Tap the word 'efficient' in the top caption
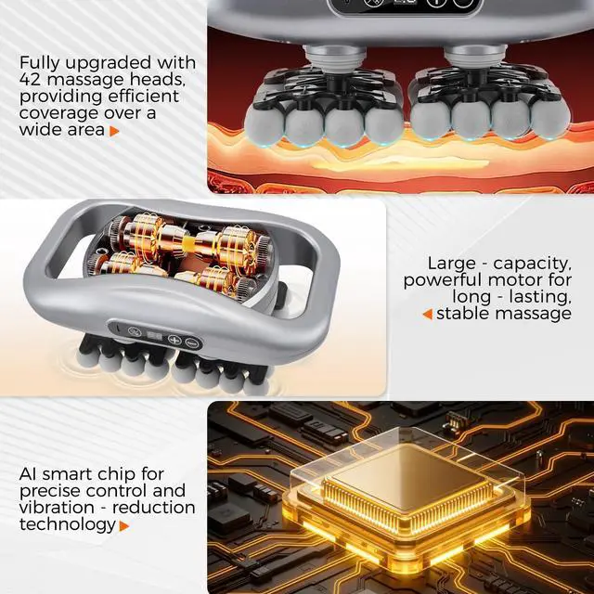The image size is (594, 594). (144, 96)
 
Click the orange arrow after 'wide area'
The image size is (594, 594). (114, 131)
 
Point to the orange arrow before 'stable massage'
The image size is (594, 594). (427, 314)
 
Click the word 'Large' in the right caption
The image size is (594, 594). (452, 264)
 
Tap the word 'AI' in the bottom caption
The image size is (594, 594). (29, 474)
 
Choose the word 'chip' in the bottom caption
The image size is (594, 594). (116, 475)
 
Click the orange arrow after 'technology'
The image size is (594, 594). (123, 526)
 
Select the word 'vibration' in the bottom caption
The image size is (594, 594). (57, 508)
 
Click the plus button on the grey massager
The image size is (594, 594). (174, 340)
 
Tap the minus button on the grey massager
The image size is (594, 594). (192, 342)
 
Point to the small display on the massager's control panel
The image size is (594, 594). (155, 336)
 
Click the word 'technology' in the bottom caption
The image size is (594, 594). (68, 525)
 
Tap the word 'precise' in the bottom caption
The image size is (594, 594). (50, 492)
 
